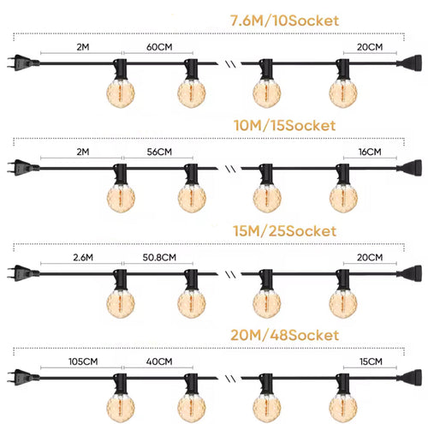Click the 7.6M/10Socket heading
tap(284, 21)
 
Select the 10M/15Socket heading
tap(284, 126)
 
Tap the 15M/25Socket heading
tap(284, 231)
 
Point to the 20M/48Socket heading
tap(284, 335)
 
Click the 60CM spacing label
tap(159, 47)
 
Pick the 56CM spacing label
tap(159, 152)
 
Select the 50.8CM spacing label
tap(159, 258)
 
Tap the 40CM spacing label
tap(159, 361)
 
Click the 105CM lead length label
tap(83, 361)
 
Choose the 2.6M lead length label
tap(83, 258)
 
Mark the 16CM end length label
tap(370, 152)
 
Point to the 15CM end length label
tap(371, 361)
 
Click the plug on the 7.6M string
tap(23, 63)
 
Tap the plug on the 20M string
tap(23, 378)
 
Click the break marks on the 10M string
tap(230, 169)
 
